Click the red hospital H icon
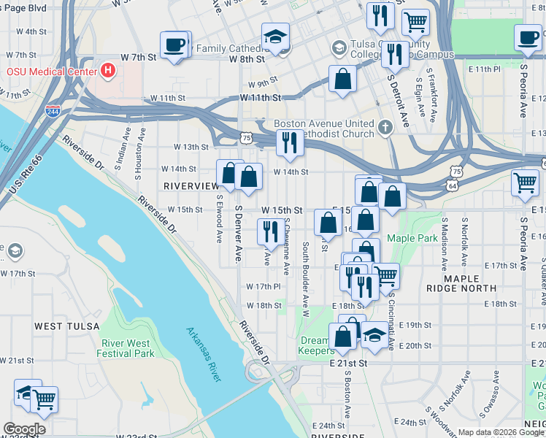(x=109, y=71)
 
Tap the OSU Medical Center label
(x=52, y=72)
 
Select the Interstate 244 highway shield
(x=53, y=111)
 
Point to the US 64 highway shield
(x=453, y=186)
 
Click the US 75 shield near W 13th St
(x=247, y=137)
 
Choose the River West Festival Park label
(x=127, y=348)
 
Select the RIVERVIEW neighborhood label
(x=191, y=186)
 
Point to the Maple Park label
(x=410, y=238)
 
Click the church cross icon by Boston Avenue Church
(x=385, y=128)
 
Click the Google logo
(x=24, y=429)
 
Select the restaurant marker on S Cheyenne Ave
(x=272, y=231)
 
